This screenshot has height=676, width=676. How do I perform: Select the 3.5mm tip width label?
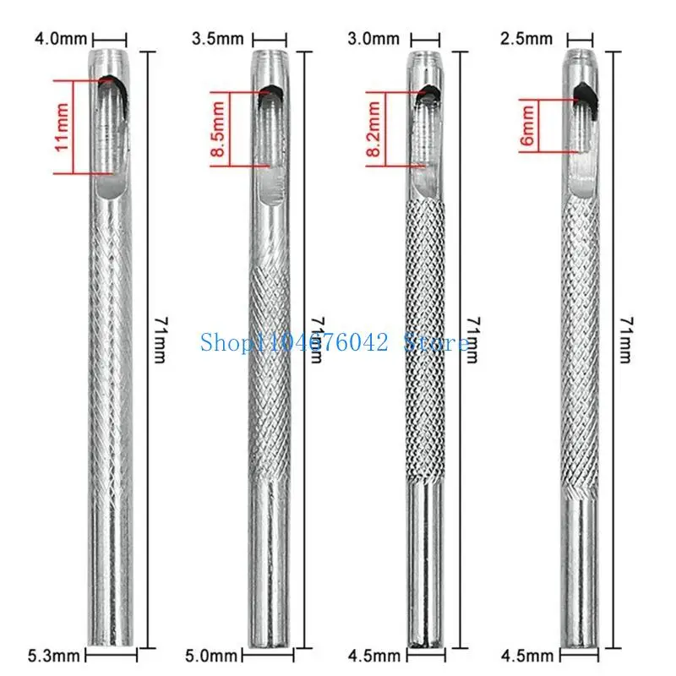coord(217,39)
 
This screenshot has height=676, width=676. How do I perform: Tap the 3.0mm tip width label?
coord(373,39)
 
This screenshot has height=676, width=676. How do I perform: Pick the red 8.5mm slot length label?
coord(220,128)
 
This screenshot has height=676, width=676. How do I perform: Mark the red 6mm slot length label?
coord(527,128)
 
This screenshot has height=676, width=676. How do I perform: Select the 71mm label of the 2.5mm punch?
coord(626,340)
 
